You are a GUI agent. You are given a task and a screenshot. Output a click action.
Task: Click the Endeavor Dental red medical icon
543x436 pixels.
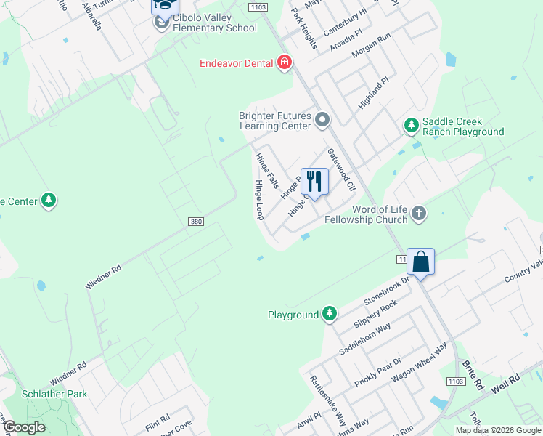click(285, 63)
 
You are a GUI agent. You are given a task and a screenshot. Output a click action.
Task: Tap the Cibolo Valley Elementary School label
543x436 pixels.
click(208, 28)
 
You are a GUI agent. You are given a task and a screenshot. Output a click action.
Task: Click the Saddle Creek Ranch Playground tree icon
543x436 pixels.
click(412, 126)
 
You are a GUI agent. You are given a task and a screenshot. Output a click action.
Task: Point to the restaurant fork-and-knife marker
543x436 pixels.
click(314, 180)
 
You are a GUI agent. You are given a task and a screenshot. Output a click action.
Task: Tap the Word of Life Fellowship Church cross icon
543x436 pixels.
click(418, 214)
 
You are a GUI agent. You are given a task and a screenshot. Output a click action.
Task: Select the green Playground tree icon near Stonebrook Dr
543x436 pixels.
click(330, 315)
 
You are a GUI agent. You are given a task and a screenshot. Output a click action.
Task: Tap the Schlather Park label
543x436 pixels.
click(54, 394)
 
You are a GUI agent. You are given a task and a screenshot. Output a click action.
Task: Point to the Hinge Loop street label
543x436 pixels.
click(258, 201)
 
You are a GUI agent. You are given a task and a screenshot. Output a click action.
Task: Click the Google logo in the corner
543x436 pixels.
click(23, 428)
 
